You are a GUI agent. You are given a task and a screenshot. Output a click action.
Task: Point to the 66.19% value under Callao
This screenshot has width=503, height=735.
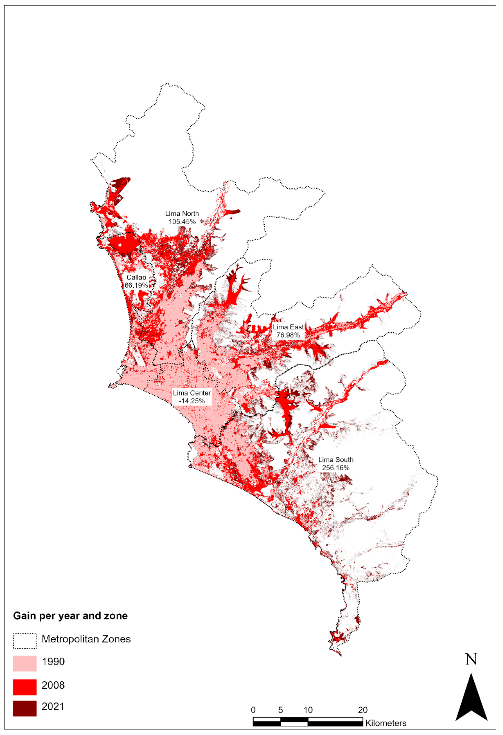(136, 285)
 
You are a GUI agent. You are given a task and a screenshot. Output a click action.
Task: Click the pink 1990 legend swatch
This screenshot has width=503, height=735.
(25, 663)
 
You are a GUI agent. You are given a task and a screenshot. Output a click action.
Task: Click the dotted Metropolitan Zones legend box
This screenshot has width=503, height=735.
(25, 641)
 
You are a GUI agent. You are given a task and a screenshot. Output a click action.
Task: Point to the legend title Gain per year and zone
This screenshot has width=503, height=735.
(70, 616)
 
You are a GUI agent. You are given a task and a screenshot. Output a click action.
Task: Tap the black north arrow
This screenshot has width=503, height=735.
(471, 699)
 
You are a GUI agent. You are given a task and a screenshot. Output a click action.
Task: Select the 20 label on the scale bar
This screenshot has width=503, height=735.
(363, 710)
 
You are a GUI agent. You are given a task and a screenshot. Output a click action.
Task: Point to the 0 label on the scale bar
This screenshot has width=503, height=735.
(253, 710)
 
